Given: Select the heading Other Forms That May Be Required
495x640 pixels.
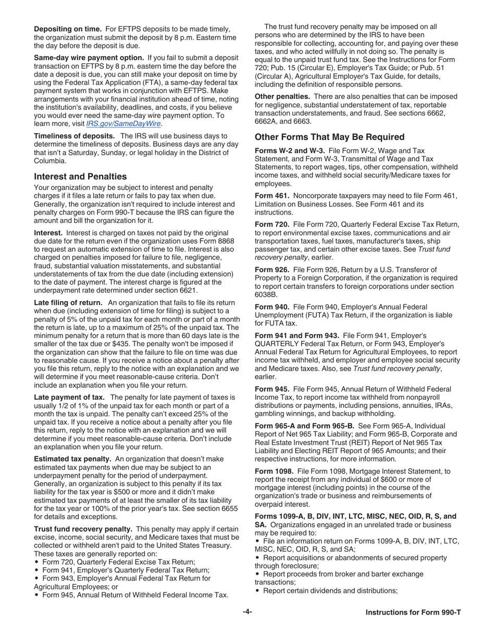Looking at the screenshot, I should tap(329, 137).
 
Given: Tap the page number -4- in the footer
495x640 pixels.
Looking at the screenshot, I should tap(247, 612).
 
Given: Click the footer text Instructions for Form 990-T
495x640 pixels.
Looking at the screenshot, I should tap(413, 612).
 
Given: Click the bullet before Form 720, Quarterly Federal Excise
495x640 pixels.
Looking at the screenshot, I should tap(36, 562).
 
